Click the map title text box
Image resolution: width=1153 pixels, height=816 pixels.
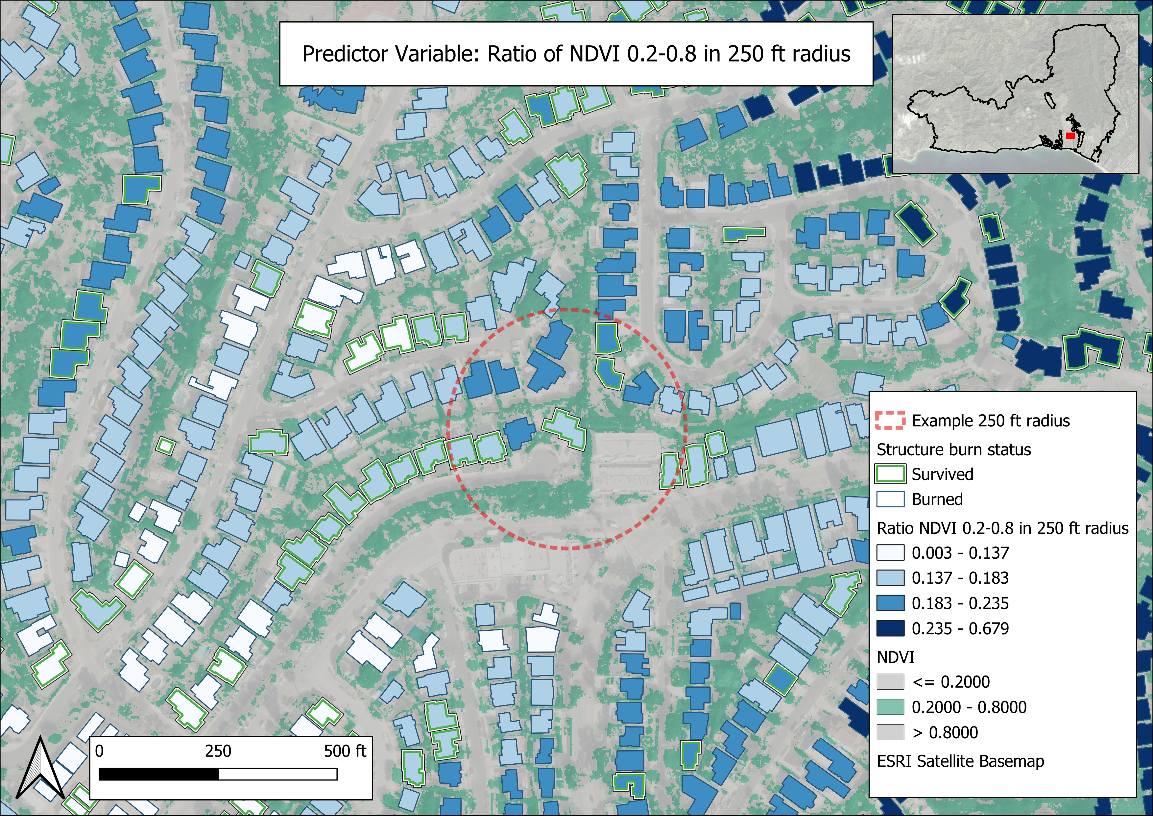point(576,54)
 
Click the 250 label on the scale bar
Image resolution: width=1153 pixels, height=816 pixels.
point(218,751)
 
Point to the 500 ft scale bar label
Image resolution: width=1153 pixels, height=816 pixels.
point(345,751)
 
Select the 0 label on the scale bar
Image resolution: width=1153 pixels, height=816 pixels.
point(99,751)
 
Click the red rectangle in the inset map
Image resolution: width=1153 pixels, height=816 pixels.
point(1070,136)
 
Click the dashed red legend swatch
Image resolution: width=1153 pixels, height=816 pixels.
point(890,421)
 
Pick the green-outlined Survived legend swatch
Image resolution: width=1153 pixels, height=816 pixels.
point(890,474)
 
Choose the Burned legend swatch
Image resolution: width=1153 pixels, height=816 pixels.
point(890,499)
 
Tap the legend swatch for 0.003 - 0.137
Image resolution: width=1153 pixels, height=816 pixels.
point(890,553)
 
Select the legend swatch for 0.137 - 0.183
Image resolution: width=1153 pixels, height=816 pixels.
point(890,578)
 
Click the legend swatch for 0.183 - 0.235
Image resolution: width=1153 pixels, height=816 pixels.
point(890,603)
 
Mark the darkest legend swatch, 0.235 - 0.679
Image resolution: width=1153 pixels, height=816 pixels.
point(890,628)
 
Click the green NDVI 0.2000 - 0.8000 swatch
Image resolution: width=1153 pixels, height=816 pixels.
point(890,707)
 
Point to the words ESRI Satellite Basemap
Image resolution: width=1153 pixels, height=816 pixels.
point(960,761)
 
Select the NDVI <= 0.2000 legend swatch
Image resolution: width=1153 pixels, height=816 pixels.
point(890,682)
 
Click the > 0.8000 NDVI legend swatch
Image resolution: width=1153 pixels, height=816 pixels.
point(890,732)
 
